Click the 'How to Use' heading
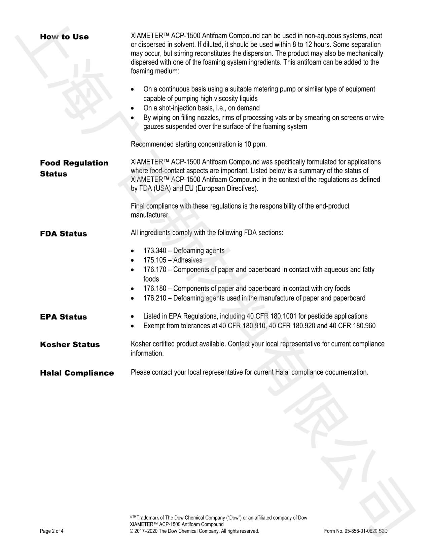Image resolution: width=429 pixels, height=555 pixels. click(x=64, y=37)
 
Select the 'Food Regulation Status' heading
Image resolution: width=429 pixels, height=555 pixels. click(x=74, y=168)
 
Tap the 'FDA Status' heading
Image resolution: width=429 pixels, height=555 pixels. click(x=63, y=234)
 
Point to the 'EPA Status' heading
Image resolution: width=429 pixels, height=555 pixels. click(x=63, y=317)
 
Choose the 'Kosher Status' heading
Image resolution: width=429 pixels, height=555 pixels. click(x=70, y=344)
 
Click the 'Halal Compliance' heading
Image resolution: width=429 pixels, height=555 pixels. click(x=77, y=373)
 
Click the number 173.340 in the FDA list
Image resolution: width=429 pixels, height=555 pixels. click(x=155, y=251)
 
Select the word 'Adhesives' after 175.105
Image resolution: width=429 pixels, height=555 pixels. click(x=188, y=260)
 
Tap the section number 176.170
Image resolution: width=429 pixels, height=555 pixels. click(x=155, y=269)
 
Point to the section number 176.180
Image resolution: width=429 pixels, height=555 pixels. click(x=155, y=289)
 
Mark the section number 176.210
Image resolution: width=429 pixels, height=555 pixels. click(x=155, y=298)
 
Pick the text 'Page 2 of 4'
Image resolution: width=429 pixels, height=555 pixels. click(x=51, y=531)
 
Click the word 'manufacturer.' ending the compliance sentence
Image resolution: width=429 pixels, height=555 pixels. click(x=150, y=215)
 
